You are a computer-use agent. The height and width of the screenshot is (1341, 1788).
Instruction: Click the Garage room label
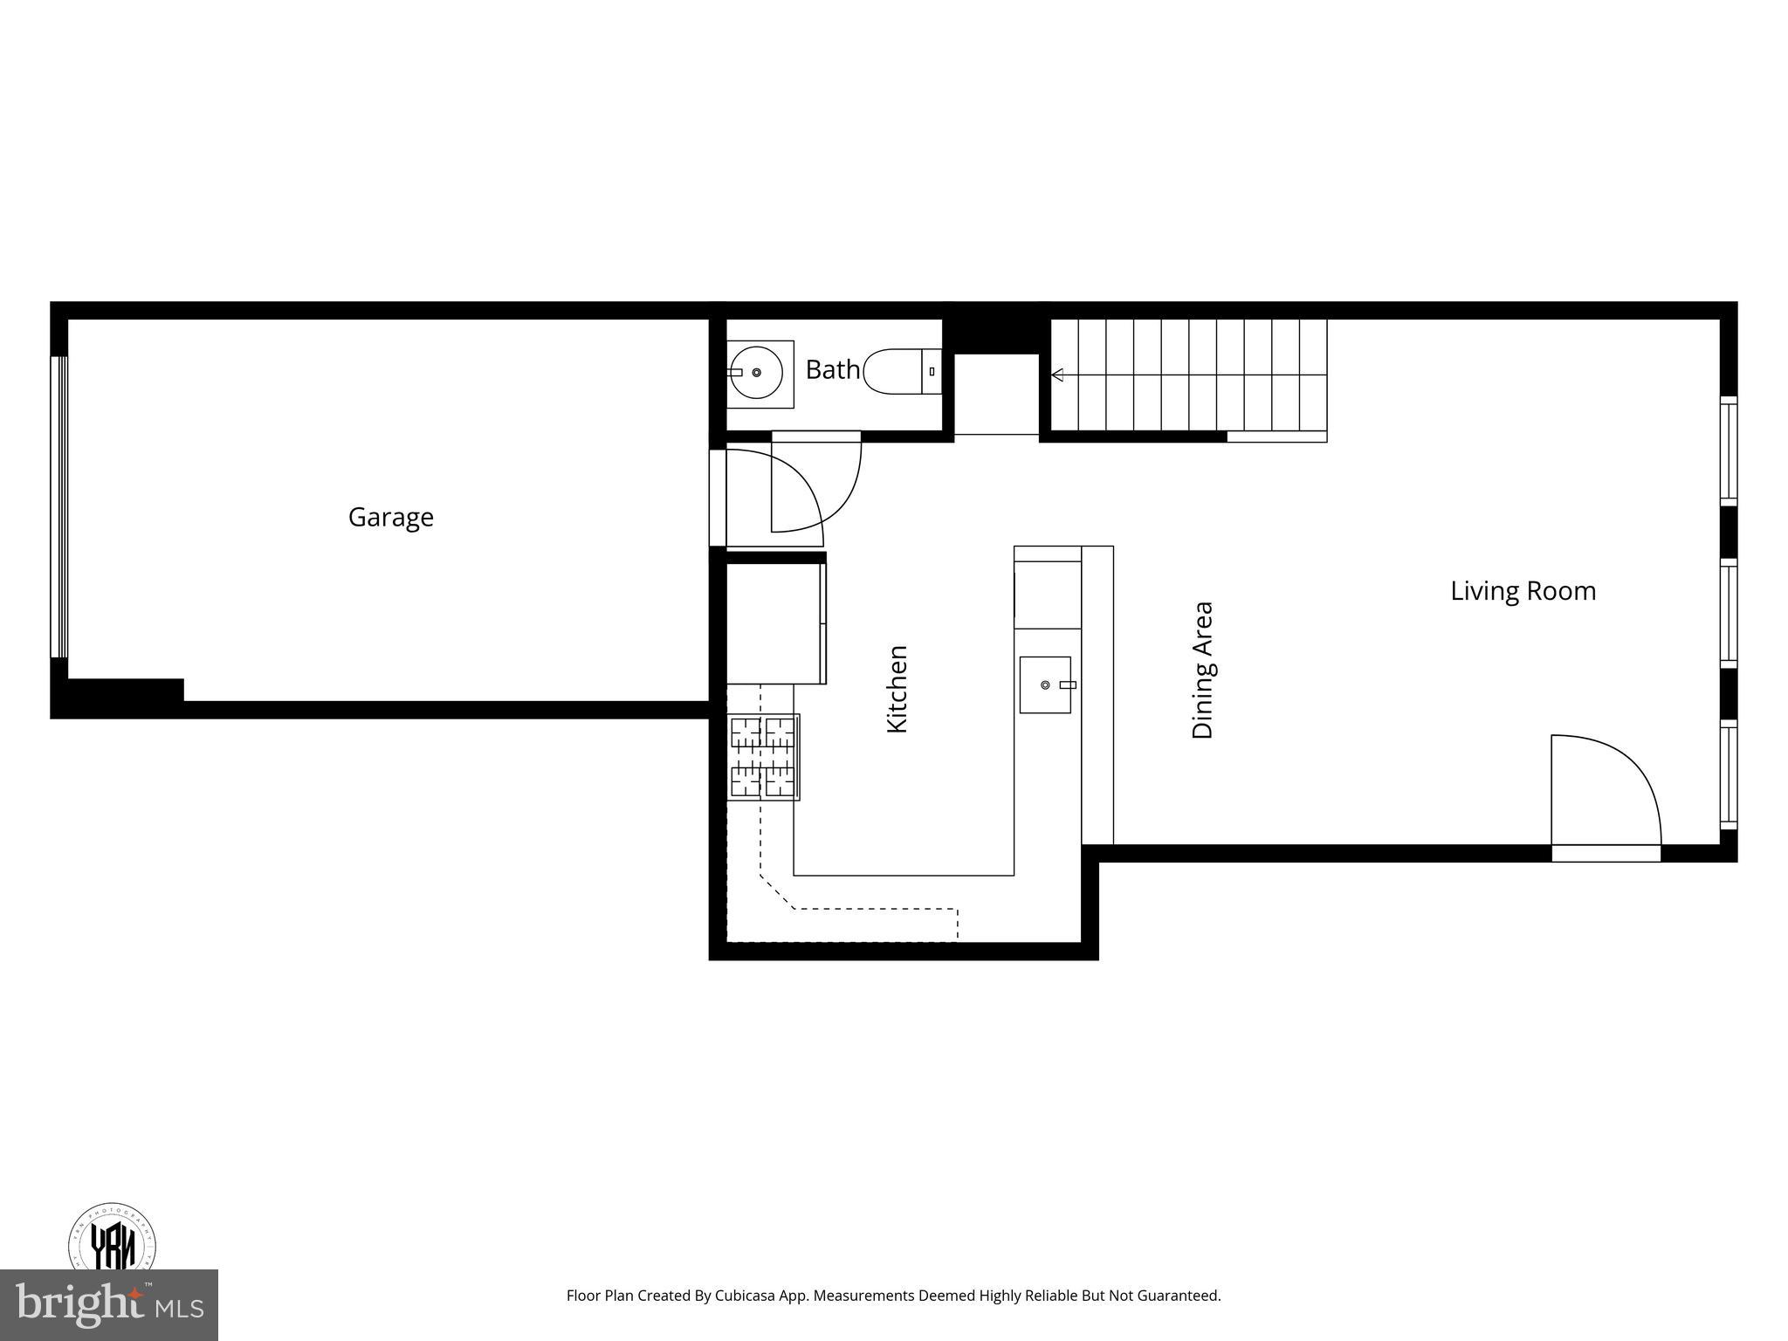pos(390,517)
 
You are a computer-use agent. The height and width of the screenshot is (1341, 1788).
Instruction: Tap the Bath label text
pos(832,370)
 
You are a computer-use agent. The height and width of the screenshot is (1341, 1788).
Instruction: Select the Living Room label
pos(1523,591)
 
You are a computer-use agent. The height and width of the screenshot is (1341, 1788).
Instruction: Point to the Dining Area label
pos(1202,670)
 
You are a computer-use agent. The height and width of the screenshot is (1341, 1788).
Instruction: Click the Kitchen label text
pos(897,689)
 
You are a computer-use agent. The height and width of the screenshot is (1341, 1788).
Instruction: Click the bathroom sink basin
pos(756,373)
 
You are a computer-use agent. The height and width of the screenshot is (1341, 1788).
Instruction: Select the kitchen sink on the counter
pos(1045,685)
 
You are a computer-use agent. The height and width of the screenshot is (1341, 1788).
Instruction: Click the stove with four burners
pos(763,757)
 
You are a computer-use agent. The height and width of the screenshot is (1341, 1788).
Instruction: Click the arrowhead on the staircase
pos(1057,375)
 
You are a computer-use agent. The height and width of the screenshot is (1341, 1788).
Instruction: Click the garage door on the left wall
pos(58,506)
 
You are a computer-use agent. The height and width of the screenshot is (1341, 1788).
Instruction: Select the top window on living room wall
pos(1728,450)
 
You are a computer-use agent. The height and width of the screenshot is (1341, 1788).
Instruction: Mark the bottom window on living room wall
pos(1728,774)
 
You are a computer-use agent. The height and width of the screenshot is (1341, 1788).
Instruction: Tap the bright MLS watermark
pos(109,1304)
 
